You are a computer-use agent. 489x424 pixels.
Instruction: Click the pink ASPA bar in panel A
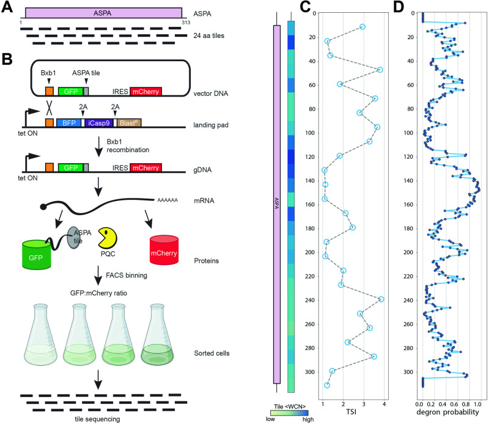coord(104,12)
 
